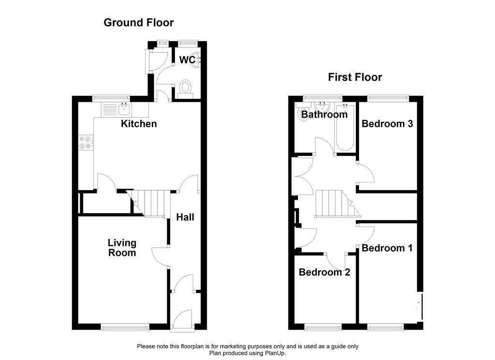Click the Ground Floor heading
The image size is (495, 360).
pos(138,22)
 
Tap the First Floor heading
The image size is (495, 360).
pos(355,77)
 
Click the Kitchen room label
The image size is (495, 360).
pos(139,124)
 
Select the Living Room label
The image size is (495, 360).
pos(122,248)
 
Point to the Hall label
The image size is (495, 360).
pos(185,217)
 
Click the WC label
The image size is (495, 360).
pos(187,60)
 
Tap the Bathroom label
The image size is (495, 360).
pos(324,115)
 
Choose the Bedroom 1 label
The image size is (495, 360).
pos(387,248)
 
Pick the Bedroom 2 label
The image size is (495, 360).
pos(324,272)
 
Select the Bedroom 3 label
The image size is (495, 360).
pos(387,124)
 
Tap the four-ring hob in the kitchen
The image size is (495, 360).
pos(85,143)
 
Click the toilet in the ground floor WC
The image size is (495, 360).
pos(185,89)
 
